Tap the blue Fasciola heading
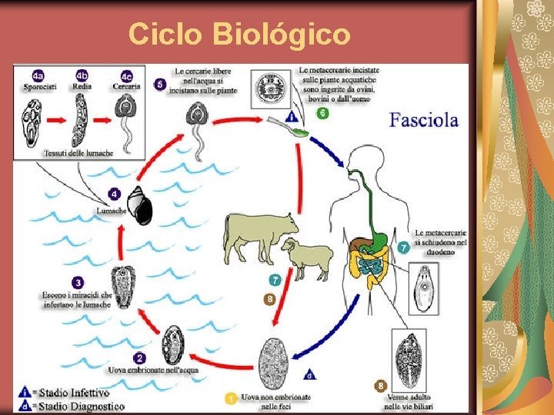pos(423,120)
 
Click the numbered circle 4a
pos(38,75)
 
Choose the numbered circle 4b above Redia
pos(82,75)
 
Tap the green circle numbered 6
pos(323,113)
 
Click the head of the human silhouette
pos(359,161)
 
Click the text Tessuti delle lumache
pos(76,152)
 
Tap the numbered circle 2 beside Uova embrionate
pos(139,358)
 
